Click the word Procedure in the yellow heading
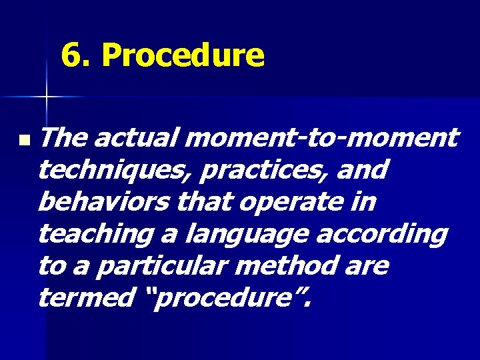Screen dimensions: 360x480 click(183, 56)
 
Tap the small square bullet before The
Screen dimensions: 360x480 click(24, 141)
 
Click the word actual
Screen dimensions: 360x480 click(138, 138)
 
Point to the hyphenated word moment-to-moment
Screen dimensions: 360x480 click(324, 138)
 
